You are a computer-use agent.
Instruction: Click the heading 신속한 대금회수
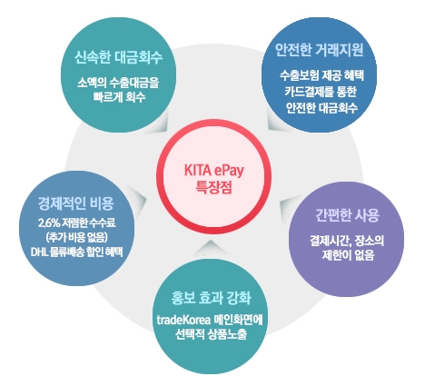(x=118, y=57)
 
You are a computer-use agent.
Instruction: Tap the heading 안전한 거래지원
(x=319, y=49)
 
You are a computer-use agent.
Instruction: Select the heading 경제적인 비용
(x=75, y=203)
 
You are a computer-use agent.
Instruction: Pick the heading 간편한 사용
(x=347, y=215)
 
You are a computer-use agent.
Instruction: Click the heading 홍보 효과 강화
(x=211, y=298)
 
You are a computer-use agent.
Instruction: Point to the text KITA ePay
(x=213, y=171)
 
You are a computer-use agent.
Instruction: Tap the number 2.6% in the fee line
(x=49, y=223)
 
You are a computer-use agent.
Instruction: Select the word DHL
(x=38, y=252)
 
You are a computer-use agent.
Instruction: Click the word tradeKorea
(x=183, y=320)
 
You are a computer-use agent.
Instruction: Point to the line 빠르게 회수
(x=120, y=97)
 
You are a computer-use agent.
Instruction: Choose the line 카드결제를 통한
(x=321, y=92)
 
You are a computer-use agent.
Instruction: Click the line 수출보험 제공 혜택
(x=321, y=75)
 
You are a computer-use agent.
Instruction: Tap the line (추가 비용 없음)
(x=77, y=237)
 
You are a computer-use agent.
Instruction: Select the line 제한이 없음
(x=348, y=255)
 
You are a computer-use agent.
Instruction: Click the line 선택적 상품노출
(x=211, y=334)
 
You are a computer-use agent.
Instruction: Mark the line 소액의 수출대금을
(x=118, y=83)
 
